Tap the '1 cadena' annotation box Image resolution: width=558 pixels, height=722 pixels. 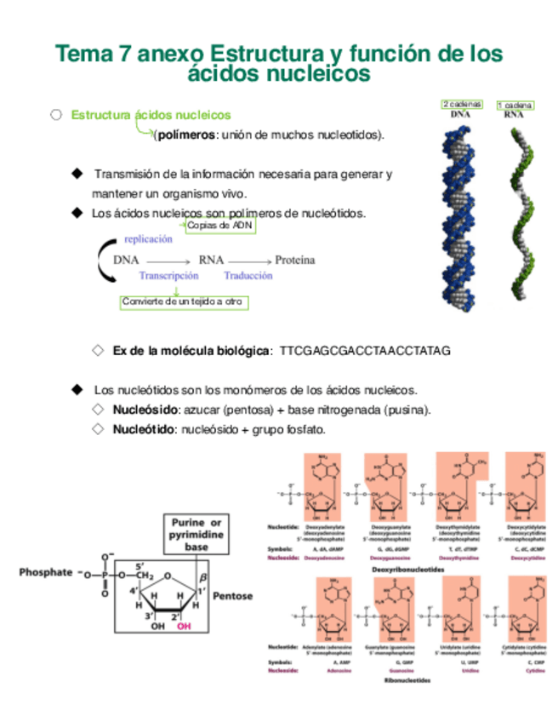coord(515,106)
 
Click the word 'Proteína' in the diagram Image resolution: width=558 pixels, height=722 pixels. coord(295,260)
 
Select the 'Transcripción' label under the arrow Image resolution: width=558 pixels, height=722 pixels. coord(168,276)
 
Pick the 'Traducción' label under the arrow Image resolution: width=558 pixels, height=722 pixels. coord(248,276)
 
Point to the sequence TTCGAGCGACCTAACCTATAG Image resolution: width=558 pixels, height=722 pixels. coord(364,351)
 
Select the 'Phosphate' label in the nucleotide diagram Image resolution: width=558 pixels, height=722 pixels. coord(46,573)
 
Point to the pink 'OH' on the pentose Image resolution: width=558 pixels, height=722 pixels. coord(184,626)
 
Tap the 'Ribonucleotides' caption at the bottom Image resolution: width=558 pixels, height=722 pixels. coord(407,681)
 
